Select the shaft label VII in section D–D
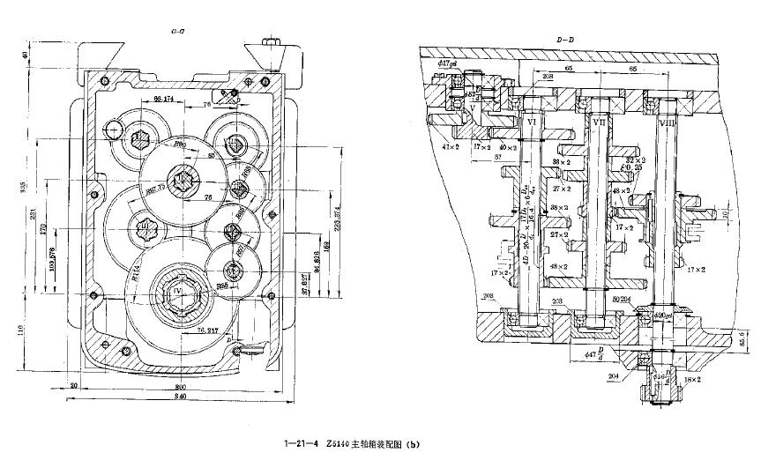(x=599, y=121)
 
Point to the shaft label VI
(x=532, y=120)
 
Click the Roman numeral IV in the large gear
(x=178, y=288)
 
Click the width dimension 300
(x=181, y=385)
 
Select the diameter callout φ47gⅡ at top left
(x=445, y=63)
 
